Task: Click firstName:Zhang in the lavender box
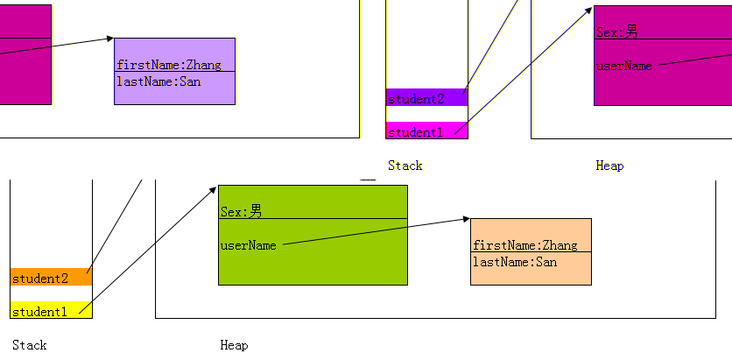click(169, 64)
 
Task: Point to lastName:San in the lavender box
click(158, 81)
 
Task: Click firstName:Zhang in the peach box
click(524, 245)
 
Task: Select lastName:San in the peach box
click(515, 262)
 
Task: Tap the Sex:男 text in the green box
click(241, 211)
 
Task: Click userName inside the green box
click(248, 245)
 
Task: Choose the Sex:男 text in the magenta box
click(616, 32)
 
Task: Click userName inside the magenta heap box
click(623, 66)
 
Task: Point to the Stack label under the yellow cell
click(29, 345)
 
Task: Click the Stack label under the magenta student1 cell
click(405, 166)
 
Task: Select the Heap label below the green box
click(234, 345)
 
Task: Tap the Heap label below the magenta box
click(609, 166)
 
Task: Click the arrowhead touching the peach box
click(466, 220)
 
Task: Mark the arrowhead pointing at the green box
click(213, 187)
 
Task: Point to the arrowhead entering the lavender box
click(109, 39)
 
